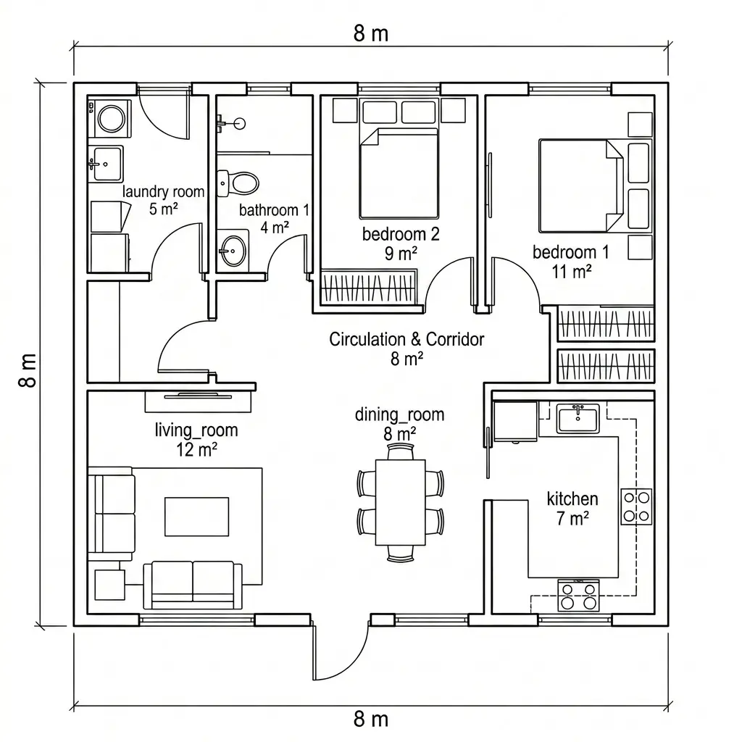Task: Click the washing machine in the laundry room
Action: (110, 118)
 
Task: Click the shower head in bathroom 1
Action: (240, 123)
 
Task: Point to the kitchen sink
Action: (578, 418)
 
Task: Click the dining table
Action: (400, 502)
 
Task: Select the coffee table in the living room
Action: (197, 517)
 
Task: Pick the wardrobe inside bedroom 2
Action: (369, 287)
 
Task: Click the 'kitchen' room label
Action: (572, 499)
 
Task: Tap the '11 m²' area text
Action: (572, 272)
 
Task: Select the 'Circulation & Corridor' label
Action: (407, 339)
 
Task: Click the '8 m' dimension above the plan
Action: (371, 33)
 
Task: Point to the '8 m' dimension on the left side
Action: (28, 370)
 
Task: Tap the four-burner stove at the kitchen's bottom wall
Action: (578, 596)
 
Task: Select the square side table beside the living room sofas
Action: (110, 585)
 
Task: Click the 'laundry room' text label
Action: (163, 191)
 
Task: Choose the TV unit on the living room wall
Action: (198, 401)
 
